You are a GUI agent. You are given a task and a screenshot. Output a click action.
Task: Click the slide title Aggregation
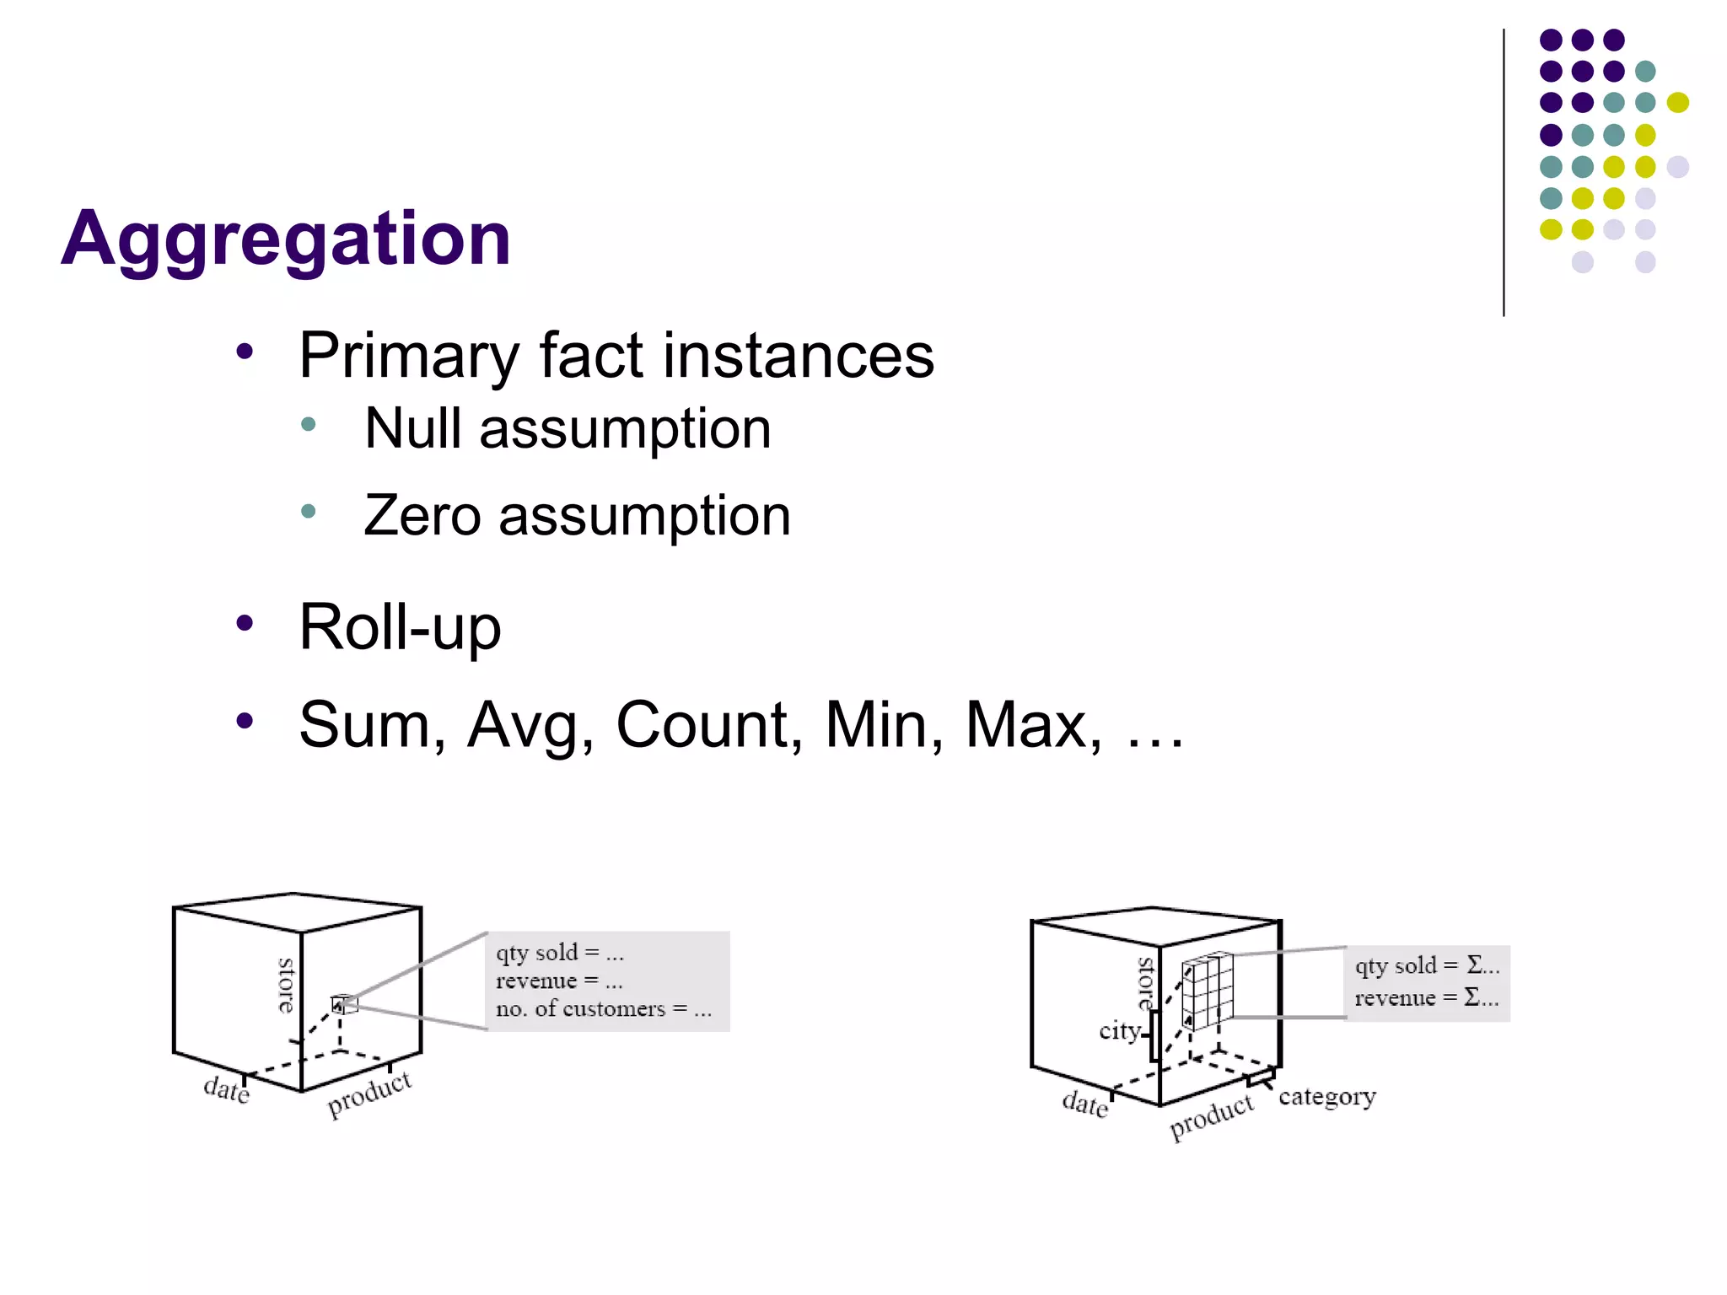pos(286,239)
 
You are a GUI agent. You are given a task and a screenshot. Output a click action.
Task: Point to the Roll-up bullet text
pos(400,628)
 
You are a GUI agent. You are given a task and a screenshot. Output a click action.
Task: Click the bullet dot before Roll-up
pos(245,624)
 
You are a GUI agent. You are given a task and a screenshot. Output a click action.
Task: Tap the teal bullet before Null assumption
pos(308,424)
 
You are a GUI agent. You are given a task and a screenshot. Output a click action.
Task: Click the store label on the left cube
pos(286,985)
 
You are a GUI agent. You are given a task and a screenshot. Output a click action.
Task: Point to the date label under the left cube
pos(226,1089)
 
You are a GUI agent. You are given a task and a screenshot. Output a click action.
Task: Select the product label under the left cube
pos(369,1093)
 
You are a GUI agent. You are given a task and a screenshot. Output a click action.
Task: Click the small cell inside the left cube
pos(344,1004)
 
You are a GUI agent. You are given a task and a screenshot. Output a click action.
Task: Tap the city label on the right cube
pos(1120,1030)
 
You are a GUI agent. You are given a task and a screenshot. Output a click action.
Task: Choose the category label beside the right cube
pos(1326,1096)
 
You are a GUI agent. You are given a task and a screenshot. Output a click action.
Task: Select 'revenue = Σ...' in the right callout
pos(1426,998)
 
